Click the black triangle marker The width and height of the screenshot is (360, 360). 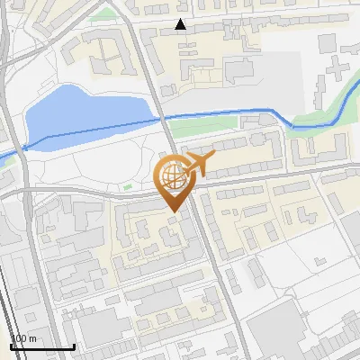click(x=181, y=24)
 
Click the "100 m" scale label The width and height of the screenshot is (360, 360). click(x=23, y=338)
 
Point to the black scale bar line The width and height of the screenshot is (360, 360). click(x=41, y=346)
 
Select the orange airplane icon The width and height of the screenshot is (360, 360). click(x=198, y=165)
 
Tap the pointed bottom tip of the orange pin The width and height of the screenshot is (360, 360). click(x=172, y=211)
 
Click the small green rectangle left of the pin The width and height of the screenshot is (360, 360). click(x=127, y=187)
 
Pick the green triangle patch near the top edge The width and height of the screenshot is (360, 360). click(x=108, y=13)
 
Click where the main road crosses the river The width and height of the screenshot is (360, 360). click(x=163, y=119)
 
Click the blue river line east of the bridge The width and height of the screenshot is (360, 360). click(x=225, y=112)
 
